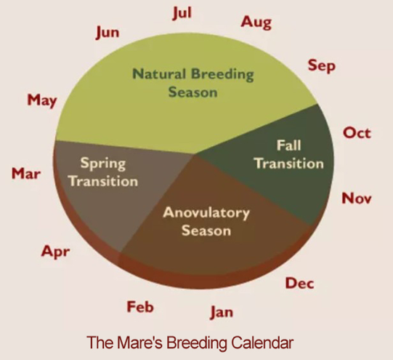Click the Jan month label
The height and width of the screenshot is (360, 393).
tap(222, 312)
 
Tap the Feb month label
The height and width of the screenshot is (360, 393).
tap(140, 307)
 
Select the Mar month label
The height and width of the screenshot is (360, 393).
tap(26, 174)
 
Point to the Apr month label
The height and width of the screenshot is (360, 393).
tap(55, 252)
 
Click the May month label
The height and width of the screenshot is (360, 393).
tap(42, 100)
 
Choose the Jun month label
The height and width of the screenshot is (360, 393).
tap(108, 33)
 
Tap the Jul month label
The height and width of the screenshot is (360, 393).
tap(182, 13)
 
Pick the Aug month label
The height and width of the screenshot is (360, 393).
tap(256, 23)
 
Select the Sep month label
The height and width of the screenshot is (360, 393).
tap(322, 66)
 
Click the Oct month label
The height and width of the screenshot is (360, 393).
tap(357, 133)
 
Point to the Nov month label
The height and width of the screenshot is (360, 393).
tap(357, 199)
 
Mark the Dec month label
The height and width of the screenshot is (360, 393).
tap(300, 283)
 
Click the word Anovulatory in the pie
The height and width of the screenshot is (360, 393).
tap(206, 213)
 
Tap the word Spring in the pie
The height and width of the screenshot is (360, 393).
tap(103, 164)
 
